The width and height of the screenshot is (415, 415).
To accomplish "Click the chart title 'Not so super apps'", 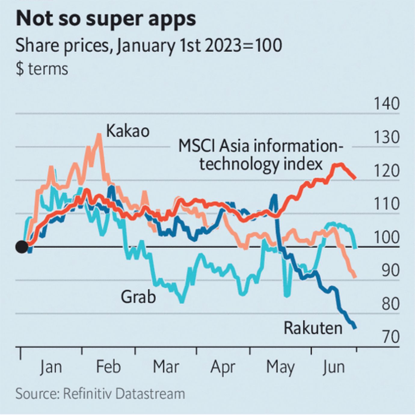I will pos(106,19).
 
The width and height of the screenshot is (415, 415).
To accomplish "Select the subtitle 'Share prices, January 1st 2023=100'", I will pos(149,46).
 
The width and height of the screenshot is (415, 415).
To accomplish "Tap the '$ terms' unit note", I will pos(42,69).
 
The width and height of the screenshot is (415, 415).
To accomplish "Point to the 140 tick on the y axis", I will pos(386,104).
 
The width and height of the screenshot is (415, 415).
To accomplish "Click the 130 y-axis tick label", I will pos(386,137).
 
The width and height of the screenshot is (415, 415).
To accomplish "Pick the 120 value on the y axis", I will pos(386,171).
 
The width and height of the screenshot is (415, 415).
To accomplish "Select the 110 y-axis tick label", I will pos(386,204).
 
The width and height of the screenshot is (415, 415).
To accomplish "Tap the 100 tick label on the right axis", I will pos(386,238).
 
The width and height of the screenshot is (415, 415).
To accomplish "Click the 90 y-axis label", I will pos(390,271).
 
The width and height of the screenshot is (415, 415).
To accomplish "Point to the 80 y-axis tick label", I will pos(390,304).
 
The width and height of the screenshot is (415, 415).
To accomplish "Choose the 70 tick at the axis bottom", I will pos(390,337).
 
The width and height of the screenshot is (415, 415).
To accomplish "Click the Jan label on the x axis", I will pos(51,367).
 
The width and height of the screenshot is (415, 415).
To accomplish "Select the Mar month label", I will pos(166,367).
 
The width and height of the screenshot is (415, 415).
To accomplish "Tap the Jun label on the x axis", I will pos(334,367).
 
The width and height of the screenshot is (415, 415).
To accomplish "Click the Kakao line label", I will pos(128,131).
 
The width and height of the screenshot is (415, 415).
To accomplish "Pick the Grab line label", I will pos(138,297).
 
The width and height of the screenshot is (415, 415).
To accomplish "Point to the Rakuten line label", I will pos(313,328).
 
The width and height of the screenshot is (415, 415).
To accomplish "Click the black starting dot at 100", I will pos(22,247).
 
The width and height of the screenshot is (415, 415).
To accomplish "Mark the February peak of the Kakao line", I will pos(99,134).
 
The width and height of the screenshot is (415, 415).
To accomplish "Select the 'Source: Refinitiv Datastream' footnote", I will pos(100,394).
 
